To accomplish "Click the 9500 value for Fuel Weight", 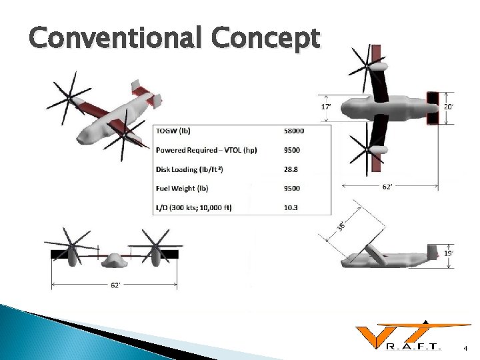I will click(x=291, y=188).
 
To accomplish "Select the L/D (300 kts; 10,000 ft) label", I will click(x=194, y=207).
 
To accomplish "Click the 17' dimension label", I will click(x=327, y=106).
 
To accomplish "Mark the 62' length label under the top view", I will click(x=387, y=187).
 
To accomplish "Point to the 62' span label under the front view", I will click(x=115, y=285).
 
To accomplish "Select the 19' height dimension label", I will click(x=449, y=254).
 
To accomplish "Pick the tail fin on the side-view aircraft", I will click(x=429, y=251).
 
